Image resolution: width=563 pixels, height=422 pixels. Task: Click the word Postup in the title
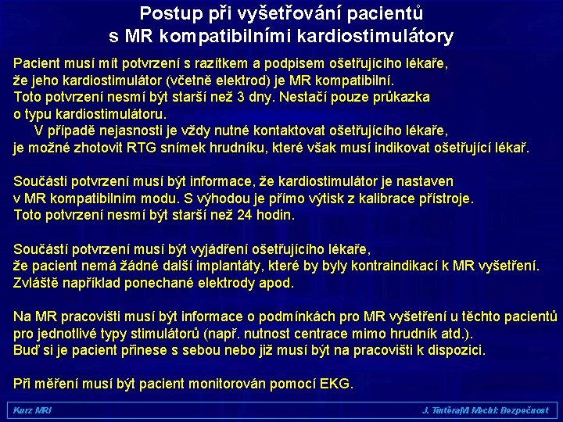tap(166, 13)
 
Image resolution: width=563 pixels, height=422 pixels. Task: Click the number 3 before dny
tap(239, 97)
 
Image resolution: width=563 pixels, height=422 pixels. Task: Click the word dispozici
tap(451, 350)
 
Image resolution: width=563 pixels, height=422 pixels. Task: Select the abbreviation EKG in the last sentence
tap(337, 384)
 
